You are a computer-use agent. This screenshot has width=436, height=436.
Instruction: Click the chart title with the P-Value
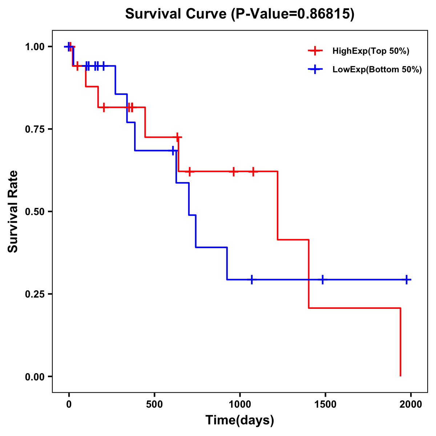tap(239, 14)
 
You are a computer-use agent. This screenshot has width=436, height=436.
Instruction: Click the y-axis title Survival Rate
tap(13, 211)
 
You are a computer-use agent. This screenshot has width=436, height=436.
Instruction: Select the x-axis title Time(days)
tap(239, 420)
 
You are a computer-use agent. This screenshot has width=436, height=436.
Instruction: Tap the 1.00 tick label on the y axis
tap(35, 47)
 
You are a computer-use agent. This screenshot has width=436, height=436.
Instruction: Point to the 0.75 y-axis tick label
tap(35, 129)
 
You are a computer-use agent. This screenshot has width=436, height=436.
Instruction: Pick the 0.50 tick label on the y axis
tap(35, 212)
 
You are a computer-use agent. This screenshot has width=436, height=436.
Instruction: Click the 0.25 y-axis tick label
tap(35, 294)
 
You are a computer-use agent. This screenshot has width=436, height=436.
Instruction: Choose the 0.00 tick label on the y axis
tap(35, 377)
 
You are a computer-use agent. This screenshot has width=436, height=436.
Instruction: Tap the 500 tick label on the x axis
tap(154, 404)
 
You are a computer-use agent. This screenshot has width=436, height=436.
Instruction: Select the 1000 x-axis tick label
tap(240, 404)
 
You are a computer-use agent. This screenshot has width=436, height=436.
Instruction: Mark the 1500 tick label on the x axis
tap(325, 404)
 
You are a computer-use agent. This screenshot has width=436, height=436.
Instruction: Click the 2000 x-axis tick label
tap(411, 404)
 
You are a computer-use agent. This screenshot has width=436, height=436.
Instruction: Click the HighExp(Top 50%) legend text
tap(371, 51)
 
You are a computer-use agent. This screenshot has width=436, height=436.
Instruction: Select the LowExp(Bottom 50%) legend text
tap(377, 70)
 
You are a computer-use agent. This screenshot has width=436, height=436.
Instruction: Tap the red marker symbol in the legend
tap(315, 51)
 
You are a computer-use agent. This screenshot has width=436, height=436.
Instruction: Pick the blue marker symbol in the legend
tap(315, 69)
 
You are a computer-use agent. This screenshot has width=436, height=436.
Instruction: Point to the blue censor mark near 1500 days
tap(322, 279)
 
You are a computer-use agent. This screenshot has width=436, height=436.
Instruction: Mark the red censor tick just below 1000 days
tap(233, 171)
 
